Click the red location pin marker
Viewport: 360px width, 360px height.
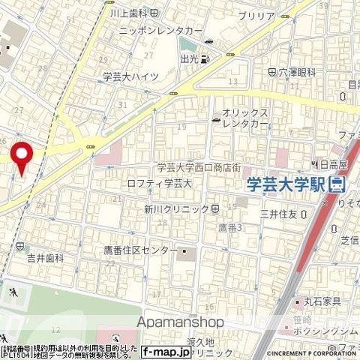point(22,157)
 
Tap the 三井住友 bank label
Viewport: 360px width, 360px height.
point(278,214)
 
